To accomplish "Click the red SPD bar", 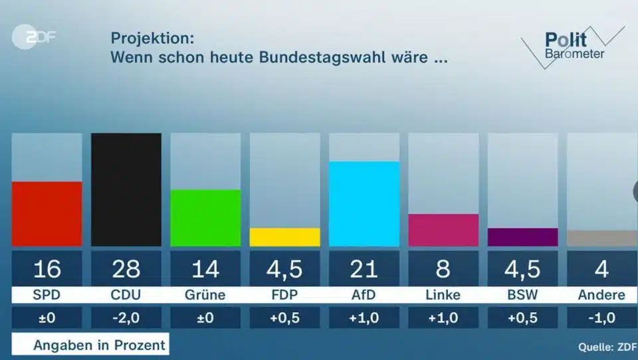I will (x=47, y=213).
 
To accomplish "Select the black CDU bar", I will (x=126, y=189).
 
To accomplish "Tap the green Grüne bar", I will (x=205, y=218).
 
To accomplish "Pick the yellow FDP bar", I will (x=284, y=237).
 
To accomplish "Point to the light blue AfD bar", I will (x=364, y=203).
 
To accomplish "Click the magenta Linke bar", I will (x=443, y=230).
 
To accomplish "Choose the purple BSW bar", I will (x=522, y=237).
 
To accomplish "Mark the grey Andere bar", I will (x=601, y=238).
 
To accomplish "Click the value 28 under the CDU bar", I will (x=126, y=269).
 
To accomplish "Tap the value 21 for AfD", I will (x=364, y=269).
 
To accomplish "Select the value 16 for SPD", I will (x=47, y=269).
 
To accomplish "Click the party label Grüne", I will (x=205, y=295).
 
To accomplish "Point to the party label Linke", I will (x=443, y=295).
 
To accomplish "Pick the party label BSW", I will (x=522, y=295).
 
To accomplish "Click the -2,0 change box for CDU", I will (x=126, y=317).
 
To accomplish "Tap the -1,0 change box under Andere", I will (x=601, y=317).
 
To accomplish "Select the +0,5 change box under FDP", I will (x=284, y=317).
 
